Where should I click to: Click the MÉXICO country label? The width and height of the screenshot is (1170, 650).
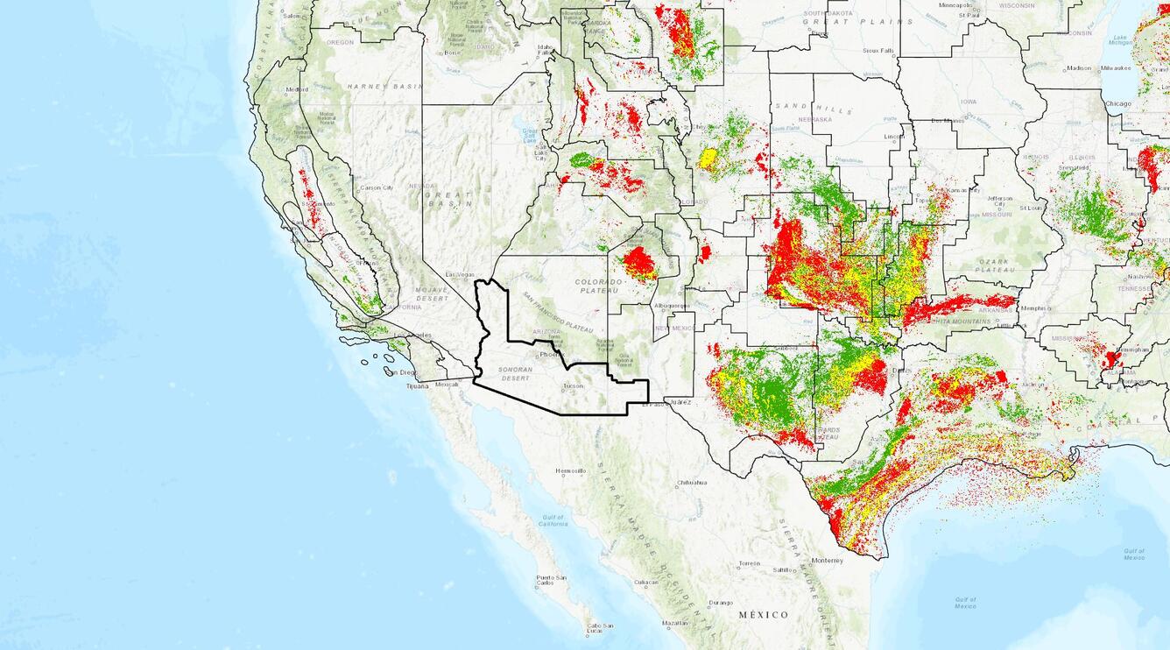pos(763,615)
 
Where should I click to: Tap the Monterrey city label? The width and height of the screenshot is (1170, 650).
pos(827,560)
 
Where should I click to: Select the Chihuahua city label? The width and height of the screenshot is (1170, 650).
pos(691,483)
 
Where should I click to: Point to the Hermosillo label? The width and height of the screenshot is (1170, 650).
pos(570,470)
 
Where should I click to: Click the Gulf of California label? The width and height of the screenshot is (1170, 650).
pos(552,520)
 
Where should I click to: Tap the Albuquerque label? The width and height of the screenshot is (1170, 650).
pos(672,306)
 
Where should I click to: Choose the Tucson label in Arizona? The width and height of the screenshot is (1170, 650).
pos(573,385)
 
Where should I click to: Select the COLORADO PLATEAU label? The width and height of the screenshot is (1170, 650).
pos(598,286)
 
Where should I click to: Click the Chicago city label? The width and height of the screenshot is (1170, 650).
pos(1117,103)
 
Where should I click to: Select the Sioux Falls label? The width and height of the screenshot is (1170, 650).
pos(878,51)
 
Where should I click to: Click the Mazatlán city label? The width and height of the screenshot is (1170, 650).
pos(675,622)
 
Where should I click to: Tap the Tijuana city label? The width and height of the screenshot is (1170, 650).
pos(417,385)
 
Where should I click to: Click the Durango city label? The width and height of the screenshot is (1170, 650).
pos(721,602)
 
